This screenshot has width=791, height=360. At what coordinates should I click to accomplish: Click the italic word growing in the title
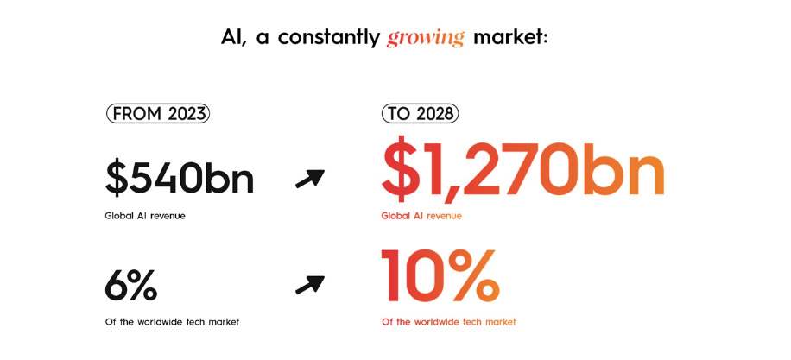[425, 38]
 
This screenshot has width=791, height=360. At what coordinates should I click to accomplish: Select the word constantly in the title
[328, 38]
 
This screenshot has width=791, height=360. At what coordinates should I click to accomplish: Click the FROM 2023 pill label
[157, 114]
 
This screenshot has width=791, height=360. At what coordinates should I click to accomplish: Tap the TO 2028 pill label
[420, 114]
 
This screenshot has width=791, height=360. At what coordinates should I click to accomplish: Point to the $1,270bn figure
[522, 167]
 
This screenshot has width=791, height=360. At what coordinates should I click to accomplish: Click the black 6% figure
[130, 286]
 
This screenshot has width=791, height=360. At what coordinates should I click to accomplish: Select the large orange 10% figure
[440, 275]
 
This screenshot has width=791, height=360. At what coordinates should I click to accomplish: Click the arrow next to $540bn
[310, 178]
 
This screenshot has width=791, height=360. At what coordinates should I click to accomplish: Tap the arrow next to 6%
[310, 284]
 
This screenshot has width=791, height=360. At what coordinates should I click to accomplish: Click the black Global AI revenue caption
[145, 216]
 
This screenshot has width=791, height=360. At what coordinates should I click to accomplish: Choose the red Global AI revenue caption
[421, 216]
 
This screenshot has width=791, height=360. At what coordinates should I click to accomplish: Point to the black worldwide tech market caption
[172, 322]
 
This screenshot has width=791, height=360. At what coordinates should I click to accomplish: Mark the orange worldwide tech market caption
[449, 322]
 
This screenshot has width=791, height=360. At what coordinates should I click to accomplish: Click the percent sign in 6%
[143, 286]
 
